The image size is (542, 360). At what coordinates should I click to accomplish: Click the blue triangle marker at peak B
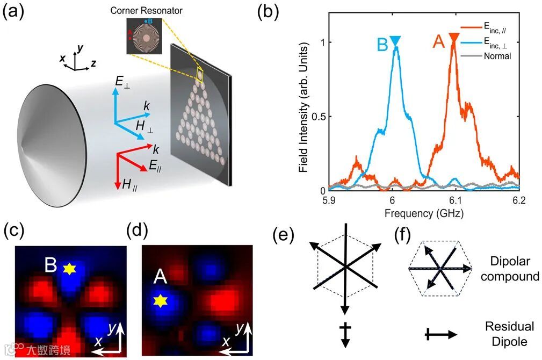point(395,40)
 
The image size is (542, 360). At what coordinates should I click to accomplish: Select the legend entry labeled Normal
point(497,55)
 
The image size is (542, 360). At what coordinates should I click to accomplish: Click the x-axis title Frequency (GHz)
point(424,213)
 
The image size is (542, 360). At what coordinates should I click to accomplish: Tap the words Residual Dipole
point(509,334)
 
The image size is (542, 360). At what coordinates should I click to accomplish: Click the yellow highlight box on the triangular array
point(200,75)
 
